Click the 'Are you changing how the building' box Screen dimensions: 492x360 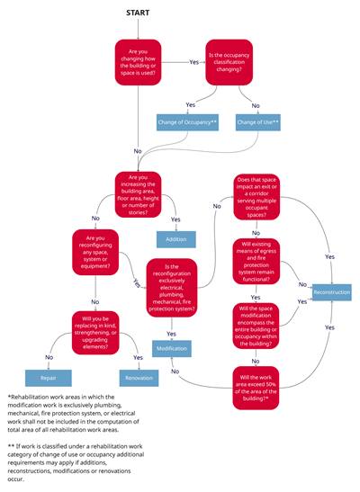pyautogui.click(x=138, y=62)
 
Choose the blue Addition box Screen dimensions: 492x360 pyautogui.click(x=175, y=239)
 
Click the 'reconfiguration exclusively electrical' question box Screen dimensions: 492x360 pyautogui.click(x=171, y=287)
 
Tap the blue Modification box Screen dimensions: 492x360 pyautogui.click(x=171, y=347)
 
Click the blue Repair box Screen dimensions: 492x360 pyautogui.click(x=48, y=378)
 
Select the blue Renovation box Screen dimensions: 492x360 pyautogui.click(x=138, y=378)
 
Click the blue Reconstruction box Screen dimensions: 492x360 pyautogui.click(x=330, y=292)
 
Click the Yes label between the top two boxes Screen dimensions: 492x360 pyautogui.click(x=193, y=62)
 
